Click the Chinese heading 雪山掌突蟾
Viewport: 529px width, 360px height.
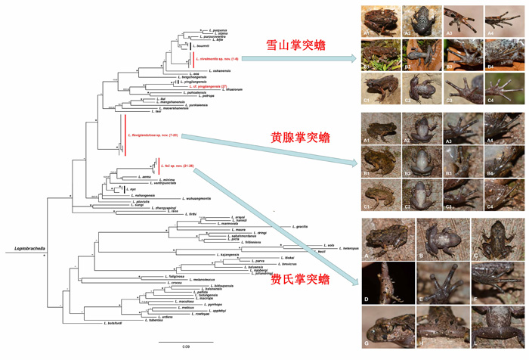[x=295, y=46]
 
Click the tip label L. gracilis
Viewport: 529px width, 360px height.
[x=300, y=227]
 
